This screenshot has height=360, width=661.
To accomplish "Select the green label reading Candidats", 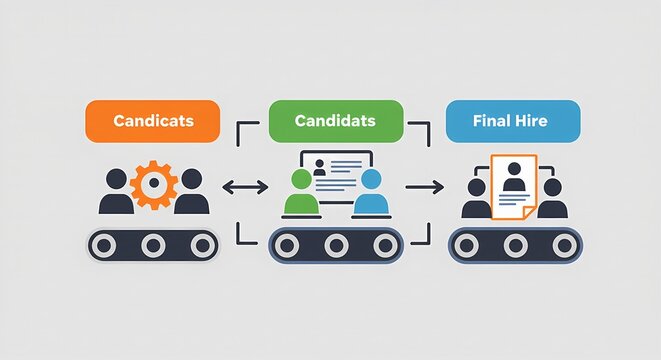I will click(335, 121).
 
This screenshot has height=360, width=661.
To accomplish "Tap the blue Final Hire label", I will click(512, 121).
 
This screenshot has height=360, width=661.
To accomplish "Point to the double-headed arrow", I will click(244, 187).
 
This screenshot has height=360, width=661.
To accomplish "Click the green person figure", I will click(299, 193).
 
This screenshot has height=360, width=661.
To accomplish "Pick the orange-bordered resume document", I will click(515, 186).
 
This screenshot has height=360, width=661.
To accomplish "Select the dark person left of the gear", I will click(117, 192).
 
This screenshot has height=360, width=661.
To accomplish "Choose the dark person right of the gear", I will click(190, 192).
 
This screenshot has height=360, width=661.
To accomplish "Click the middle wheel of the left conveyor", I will click(153, 245).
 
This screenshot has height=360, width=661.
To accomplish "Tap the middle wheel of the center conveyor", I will click(336, 245).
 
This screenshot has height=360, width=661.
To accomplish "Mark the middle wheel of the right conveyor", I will click(517, 245).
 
